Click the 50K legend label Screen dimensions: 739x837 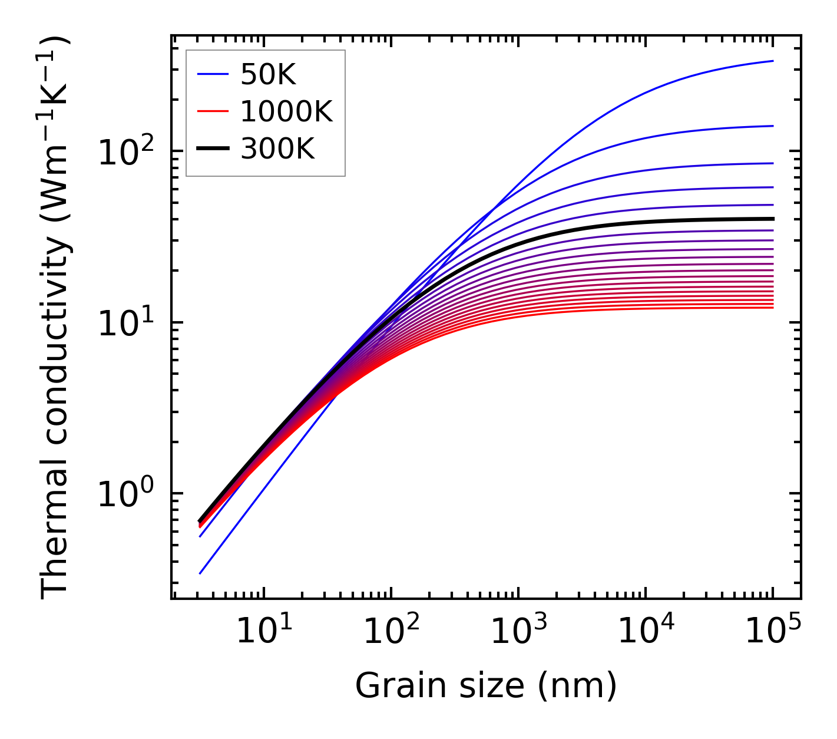[268, 75]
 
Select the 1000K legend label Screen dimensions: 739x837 [286, 112]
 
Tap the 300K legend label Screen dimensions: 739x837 [277, 149]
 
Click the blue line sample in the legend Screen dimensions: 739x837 [213, 74]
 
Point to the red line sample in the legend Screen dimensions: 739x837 [213, 111]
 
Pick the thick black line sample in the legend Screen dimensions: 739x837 [213, 149]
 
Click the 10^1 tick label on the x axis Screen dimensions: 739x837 [263, 632]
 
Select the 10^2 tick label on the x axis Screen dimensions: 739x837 [391, 632]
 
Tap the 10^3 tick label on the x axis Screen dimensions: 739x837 [518, 632]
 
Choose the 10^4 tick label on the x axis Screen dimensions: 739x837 [646, 632]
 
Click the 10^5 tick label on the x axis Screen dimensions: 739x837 [773, 632]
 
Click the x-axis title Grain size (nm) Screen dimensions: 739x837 [486, 685]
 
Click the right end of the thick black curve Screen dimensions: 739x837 [772, 219]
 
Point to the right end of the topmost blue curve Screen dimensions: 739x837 [772, 61]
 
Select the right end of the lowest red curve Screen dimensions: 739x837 [772, 308]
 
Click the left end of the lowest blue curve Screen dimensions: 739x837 [200, 573]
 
